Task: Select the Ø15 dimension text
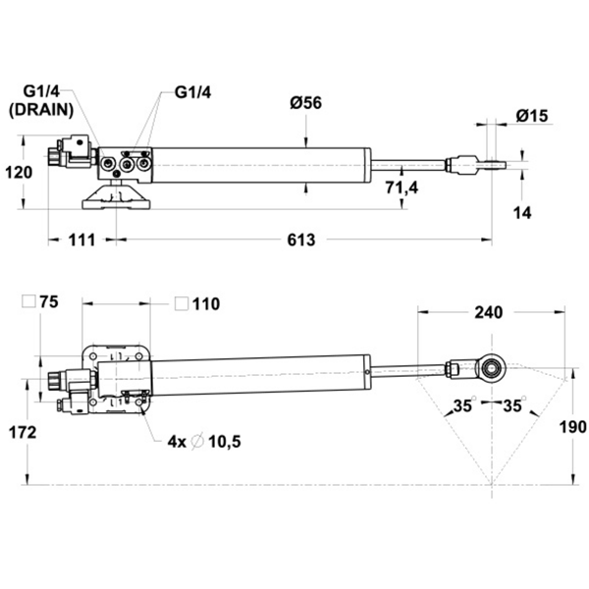click(531, 116)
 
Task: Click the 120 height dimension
click(19, 172)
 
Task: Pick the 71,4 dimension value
click(402, 187)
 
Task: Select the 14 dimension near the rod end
click(522, 212)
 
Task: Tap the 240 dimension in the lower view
click(488, 312)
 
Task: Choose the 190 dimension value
click(573, 427)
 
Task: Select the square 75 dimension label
click(44, 303)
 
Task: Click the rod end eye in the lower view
click(490, 368)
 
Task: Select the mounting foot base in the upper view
click(116, 201)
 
